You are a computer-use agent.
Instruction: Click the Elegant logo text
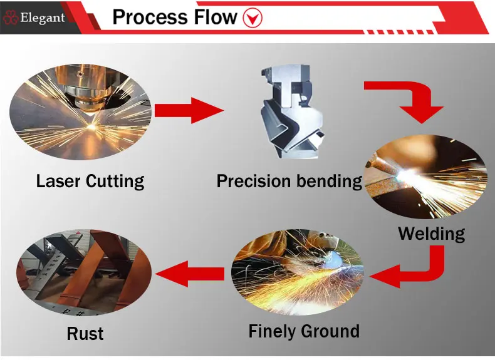coord(42,18)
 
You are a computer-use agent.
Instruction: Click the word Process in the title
coord(155,17)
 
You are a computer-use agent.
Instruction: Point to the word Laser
coord(58,181)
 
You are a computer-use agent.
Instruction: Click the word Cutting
coord(115,182)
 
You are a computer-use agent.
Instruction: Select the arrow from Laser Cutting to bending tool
coord(188,111)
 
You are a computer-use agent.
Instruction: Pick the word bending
coord(330,182)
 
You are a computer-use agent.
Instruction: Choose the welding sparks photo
coord(427,177)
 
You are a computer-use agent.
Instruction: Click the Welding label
coord(432,234)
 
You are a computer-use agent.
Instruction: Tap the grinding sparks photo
coord(298,275)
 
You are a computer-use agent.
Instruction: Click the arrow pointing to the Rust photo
coord(190,272)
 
